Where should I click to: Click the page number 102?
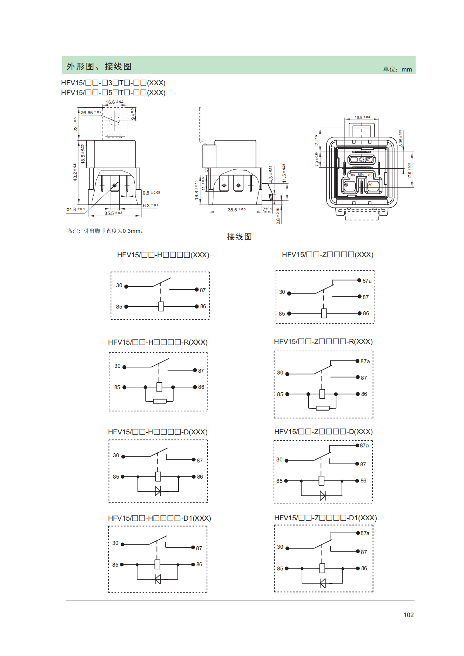pos(409,615)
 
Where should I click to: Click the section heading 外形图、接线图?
pos(99,66)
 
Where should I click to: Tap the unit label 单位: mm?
pos(397,69)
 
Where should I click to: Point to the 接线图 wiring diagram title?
pos(239,237)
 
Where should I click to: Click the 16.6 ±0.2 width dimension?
pos(115,102)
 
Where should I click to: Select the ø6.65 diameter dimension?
pos(91,113)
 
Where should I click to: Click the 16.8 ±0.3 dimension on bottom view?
pos(362,117)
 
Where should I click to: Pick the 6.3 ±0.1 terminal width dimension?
pos(150,205)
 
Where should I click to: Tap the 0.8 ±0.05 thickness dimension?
pos(151,193)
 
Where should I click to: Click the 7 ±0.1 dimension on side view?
pos(267,209)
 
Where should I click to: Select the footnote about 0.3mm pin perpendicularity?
pos(105,231)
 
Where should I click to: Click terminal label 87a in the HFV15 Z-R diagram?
pos(365,361)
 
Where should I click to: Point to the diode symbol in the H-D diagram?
pos(158,491)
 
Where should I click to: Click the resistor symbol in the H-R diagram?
pos(160,401)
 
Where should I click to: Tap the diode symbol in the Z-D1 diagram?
pos(323,583)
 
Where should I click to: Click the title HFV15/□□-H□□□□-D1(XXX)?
pos(160,518)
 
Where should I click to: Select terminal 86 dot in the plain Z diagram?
pos(359,313)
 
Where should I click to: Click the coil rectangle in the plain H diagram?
pos(161,306)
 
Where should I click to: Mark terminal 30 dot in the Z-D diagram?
pos(287,461)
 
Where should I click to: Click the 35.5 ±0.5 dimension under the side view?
pos(236,210)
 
